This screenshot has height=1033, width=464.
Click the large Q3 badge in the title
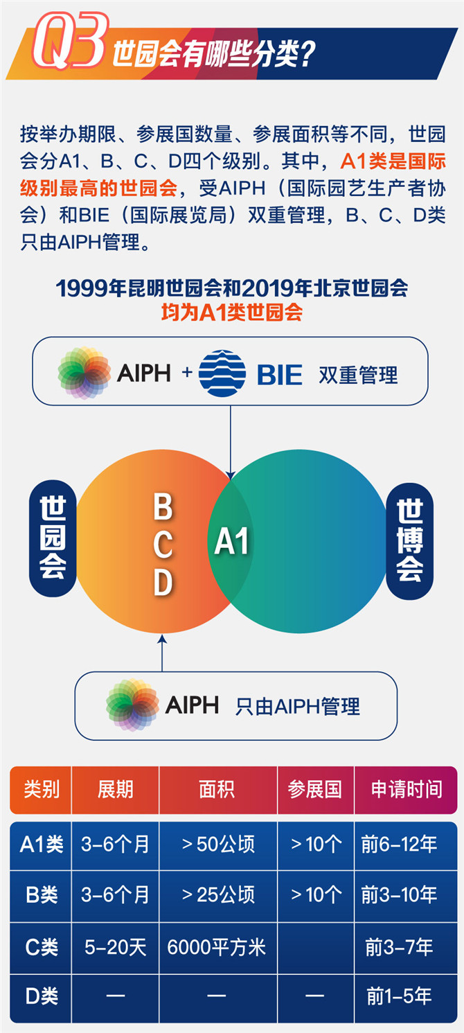(70, 41)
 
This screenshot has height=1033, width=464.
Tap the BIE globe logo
(222, 373)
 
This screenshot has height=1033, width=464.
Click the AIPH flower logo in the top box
(84, 373)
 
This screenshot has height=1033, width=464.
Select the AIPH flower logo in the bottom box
(132, 705)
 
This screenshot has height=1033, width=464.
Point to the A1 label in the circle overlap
(231, 541)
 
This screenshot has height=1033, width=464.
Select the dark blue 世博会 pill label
(409, 541)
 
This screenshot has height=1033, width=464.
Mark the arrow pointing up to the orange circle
(162, 653)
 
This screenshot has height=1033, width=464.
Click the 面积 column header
(217, 789)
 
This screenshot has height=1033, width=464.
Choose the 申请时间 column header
(407, 789)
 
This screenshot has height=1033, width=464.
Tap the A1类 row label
(42, 845)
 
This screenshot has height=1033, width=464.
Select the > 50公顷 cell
(218, 845)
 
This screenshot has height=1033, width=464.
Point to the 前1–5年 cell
(399, 996)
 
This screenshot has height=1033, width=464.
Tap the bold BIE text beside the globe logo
(279, 374)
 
